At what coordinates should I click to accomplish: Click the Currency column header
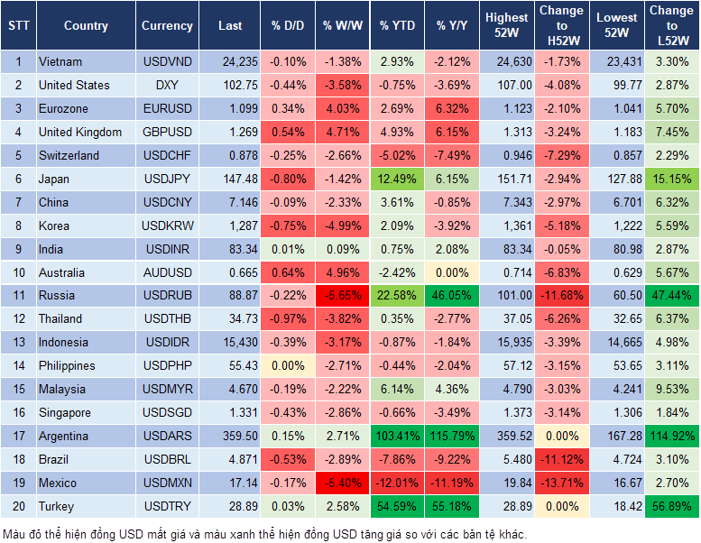[x=167, y=25]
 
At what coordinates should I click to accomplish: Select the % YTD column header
[x=397, y=25]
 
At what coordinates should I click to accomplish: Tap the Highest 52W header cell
[x=506, y=25]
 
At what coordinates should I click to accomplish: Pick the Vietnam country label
[x=60, y=61]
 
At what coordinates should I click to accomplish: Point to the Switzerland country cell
[x=69, y=155]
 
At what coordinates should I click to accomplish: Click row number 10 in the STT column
[x=17, y=272]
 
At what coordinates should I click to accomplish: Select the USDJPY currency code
[x=167, y=179]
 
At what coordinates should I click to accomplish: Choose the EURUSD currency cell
[x=167, y=108]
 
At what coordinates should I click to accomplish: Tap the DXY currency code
[x=167, y=85]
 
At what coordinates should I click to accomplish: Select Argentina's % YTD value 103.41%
[x=397, y=437]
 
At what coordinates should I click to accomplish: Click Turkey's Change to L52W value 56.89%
[x=671, y=507]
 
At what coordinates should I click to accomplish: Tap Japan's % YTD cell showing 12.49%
[x=397, y=179]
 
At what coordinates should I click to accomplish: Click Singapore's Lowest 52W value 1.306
[x=616, y=413]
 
